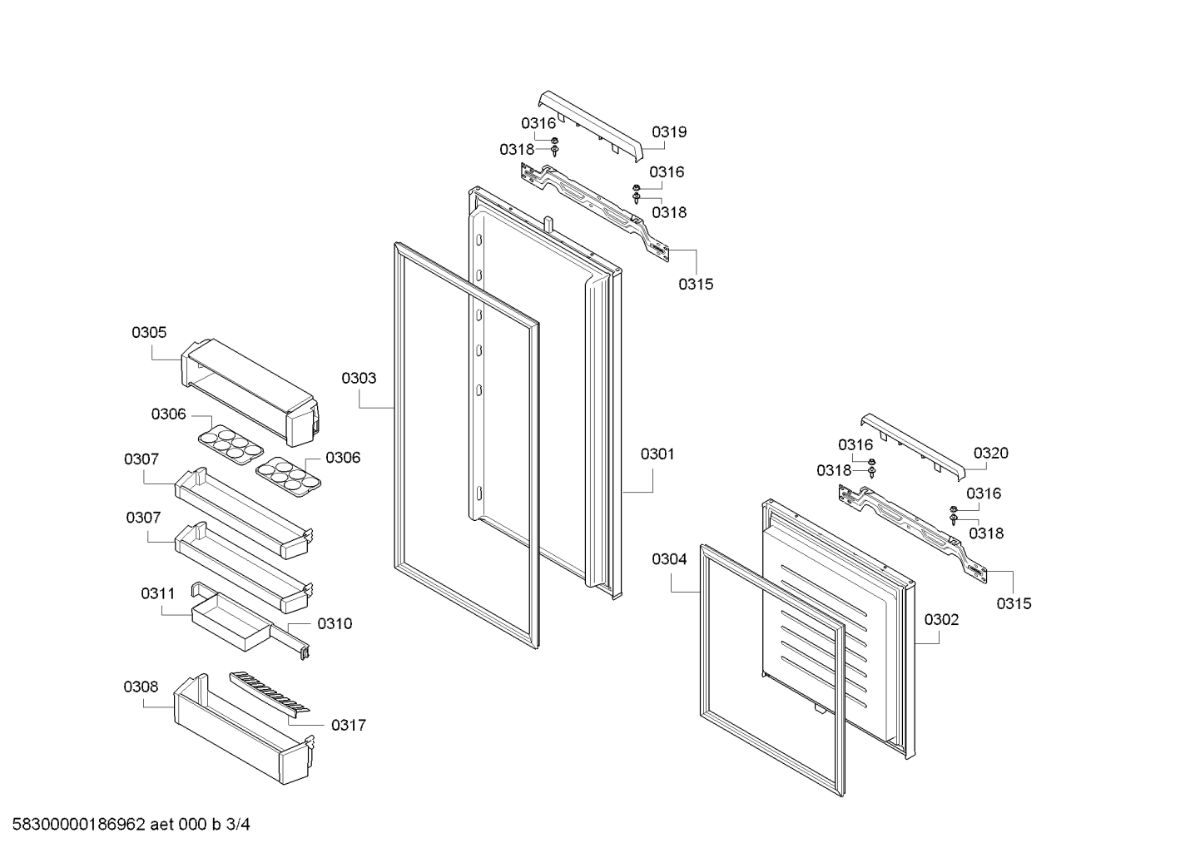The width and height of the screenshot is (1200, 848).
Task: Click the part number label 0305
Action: click(149, 333)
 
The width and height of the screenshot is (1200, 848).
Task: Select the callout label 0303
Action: click(359, 378)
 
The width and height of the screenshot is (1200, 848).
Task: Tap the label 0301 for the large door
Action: click(658, 454)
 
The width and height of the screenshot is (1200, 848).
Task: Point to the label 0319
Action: click(669, 131)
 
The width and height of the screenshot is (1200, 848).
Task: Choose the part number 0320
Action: click(991, 454)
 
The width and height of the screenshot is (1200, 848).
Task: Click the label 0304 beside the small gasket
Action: click(669, 559)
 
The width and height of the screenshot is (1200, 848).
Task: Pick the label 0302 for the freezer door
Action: click(942, 620)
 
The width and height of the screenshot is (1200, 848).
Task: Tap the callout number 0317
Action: click(349, 726)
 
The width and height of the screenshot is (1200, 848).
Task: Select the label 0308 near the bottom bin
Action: click(141, 687)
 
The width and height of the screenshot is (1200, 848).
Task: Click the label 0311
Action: click(158, 593)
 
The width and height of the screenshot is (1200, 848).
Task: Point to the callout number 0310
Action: click(335, 623)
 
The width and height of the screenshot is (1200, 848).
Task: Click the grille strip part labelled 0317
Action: click(270, 694)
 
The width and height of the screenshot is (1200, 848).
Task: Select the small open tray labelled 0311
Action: click(231, 622)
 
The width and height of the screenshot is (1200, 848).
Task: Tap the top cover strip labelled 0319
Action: click(590, 125)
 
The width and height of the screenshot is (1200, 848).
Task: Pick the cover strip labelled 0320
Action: click(912, 447)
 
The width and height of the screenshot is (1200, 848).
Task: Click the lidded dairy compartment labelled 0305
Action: click(249, 392)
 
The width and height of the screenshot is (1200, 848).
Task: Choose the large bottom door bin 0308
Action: click(244, 728)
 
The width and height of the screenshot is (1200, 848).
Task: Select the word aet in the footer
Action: click(161, 824)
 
